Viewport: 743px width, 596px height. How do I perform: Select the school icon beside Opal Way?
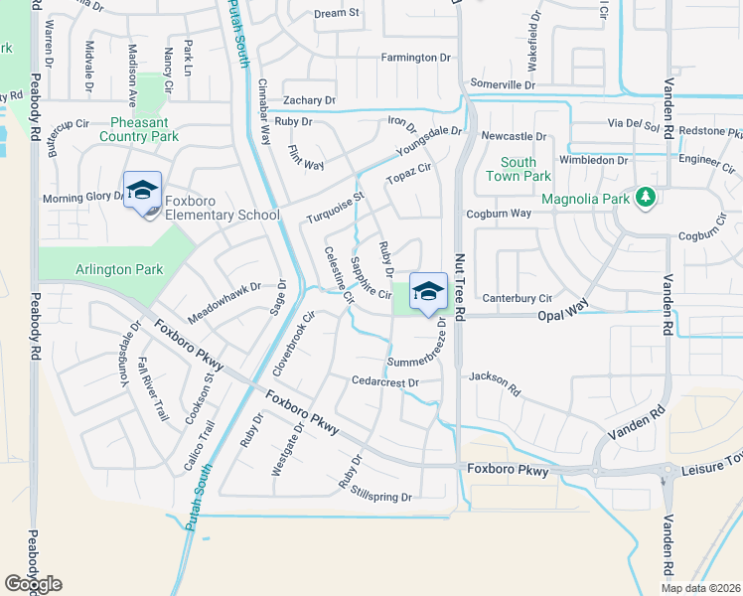click(x=428, y=291)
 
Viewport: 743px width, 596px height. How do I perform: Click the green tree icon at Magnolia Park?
click(x=645, y=198)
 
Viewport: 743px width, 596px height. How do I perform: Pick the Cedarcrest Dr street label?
click(x=385, y=381)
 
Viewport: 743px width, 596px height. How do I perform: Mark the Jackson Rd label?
click(x=495, y=377)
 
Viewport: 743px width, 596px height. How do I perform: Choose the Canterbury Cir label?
click(x=517, y=298)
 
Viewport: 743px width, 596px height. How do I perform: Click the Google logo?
click(x=33, y=584)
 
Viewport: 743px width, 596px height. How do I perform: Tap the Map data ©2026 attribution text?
click(x=700, y=588)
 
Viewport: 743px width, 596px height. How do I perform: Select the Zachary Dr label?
click(x=309, y=100)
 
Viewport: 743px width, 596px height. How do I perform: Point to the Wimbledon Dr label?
click(x=594, y=159)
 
